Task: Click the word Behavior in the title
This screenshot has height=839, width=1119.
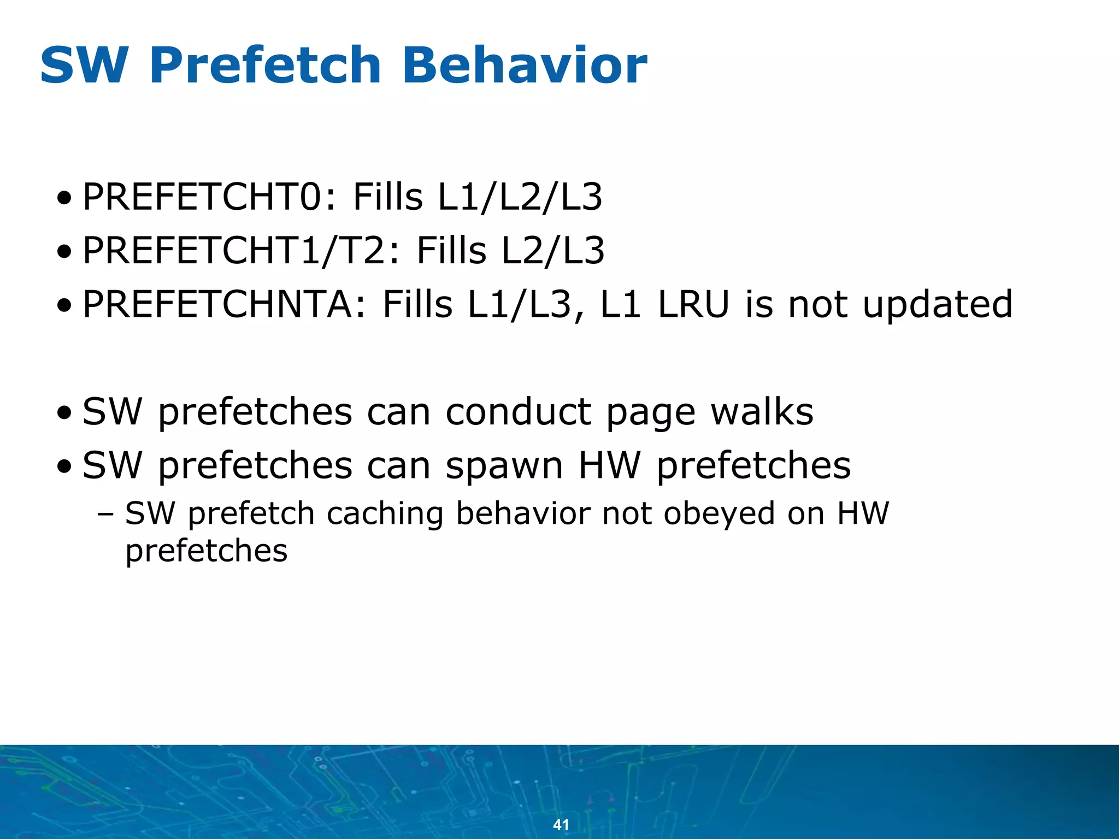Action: click(x=525, y=66)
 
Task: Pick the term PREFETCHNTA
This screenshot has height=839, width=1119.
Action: click(x=217, y=304)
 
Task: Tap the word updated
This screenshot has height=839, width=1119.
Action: click(x=938, y=304)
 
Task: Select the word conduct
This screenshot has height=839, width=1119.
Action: click(x=518, y=411)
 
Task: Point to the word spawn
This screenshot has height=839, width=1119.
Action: click(x=504, y=465)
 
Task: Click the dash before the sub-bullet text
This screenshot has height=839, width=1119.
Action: click(x=105, y=515)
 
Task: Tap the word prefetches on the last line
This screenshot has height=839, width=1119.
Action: click(x=206, y=551)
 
